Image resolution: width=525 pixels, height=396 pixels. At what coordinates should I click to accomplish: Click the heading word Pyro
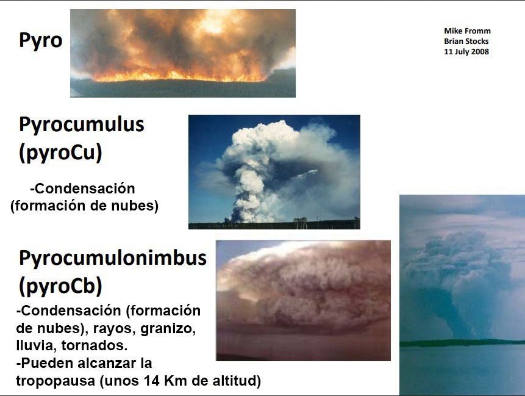tap(40, 40)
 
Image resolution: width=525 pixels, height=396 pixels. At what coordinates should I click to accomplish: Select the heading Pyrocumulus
tap(82, 124)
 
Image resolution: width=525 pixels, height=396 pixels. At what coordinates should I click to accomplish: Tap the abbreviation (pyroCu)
tap(60, 153)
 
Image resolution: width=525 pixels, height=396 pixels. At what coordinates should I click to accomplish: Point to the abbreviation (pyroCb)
tap(60, 286)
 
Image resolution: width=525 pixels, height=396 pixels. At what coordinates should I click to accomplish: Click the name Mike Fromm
tap(467, 31)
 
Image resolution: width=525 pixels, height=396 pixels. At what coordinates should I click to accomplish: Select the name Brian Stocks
tap(466, 41)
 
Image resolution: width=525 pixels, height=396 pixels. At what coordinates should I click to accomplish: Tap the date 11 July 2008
tap(466, 52)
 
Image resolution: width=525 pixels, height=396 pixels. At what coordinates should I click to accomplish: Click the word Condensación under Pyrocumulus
tap(85, 189)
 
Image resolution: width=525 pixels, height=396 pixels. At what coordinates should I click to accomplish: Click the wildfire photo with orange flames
tap(183, 53)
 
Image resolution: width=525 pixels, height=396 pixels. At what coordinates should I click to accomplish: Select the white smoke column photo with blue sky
tap(274, 172)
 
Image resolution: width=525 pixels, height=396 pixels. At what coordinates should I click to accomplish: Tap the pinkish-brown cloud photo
tap(303, 300)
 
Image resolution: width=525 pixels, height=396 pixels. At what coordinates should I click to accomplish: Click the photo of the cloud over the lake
tap(462, 295)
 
